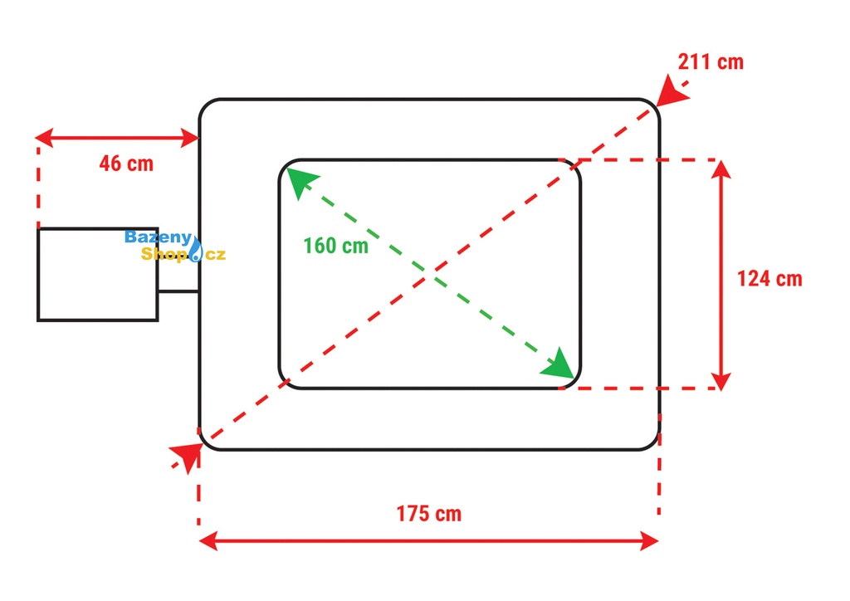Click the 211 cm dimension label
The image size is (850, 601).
[x=711, y=61]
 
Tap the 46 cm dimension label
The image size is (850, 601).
[x=126, y=163]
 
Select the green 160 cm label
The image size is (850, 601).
[x=335, y=246]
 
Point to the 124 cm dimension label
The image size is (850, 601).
[x=769, y=278]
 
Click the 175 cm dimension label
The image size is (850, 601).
[x=428, y=513]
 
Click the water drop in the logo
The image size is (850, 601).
[x=197, y=250]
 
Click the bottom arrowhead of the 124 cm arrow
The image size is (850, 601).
[x=721, y=379]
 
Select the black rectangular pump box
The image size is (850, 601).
[x=97, y=286]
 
